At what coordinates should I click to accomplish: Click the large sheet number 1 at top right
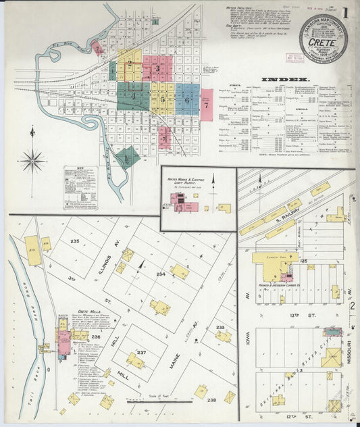(x=345, y=12)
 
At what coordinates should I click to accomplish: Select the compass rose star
(x=32, y=160)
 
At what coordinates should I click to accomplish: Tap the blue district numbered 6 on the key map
(x=187, y=99)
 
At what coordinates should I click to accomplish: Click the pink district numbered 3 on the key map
(x=157, y=68)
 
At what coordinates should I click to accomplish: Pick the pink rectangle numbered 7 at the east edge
(x=206, y=105)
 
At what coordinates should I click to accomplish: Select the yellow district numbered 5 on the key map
(x=162, y=99)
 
